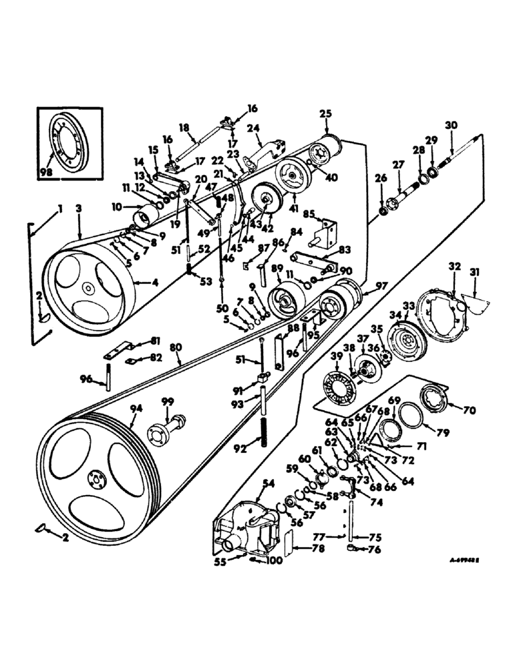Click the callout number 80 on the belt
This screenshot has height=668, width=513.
[x=175, y=348]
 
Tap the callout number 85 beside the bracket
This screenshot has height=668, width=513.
[x=309, y=214]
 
